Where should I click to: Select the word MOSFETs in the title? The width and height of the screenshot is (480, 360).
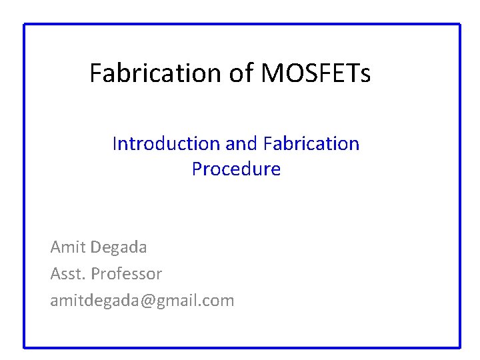coord(315,73)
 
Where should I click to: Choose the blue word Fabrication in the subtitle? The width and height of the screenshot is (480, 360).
coord(311,143)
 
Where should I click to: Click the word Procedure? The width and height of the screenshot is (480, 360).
coord(236,169)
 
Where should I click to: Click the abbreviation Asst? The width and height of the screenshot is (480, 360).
coord(67,273)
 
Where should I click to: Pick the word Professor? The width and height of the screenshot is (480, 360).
coord(126,273)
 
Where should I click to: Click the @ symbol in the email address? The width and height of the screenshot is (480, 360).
coord(145,301)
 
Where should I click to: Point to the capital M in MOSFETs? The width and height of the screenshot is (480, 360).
coord(272,73)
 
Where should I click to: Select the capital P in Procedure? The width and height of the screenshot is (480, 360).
coord(197,169)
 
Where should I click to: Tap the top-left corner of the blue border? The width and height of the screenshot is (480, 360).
coord(25,25)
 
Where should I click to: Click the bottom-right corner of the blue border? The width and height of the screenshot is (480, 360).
coord(459,347)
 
